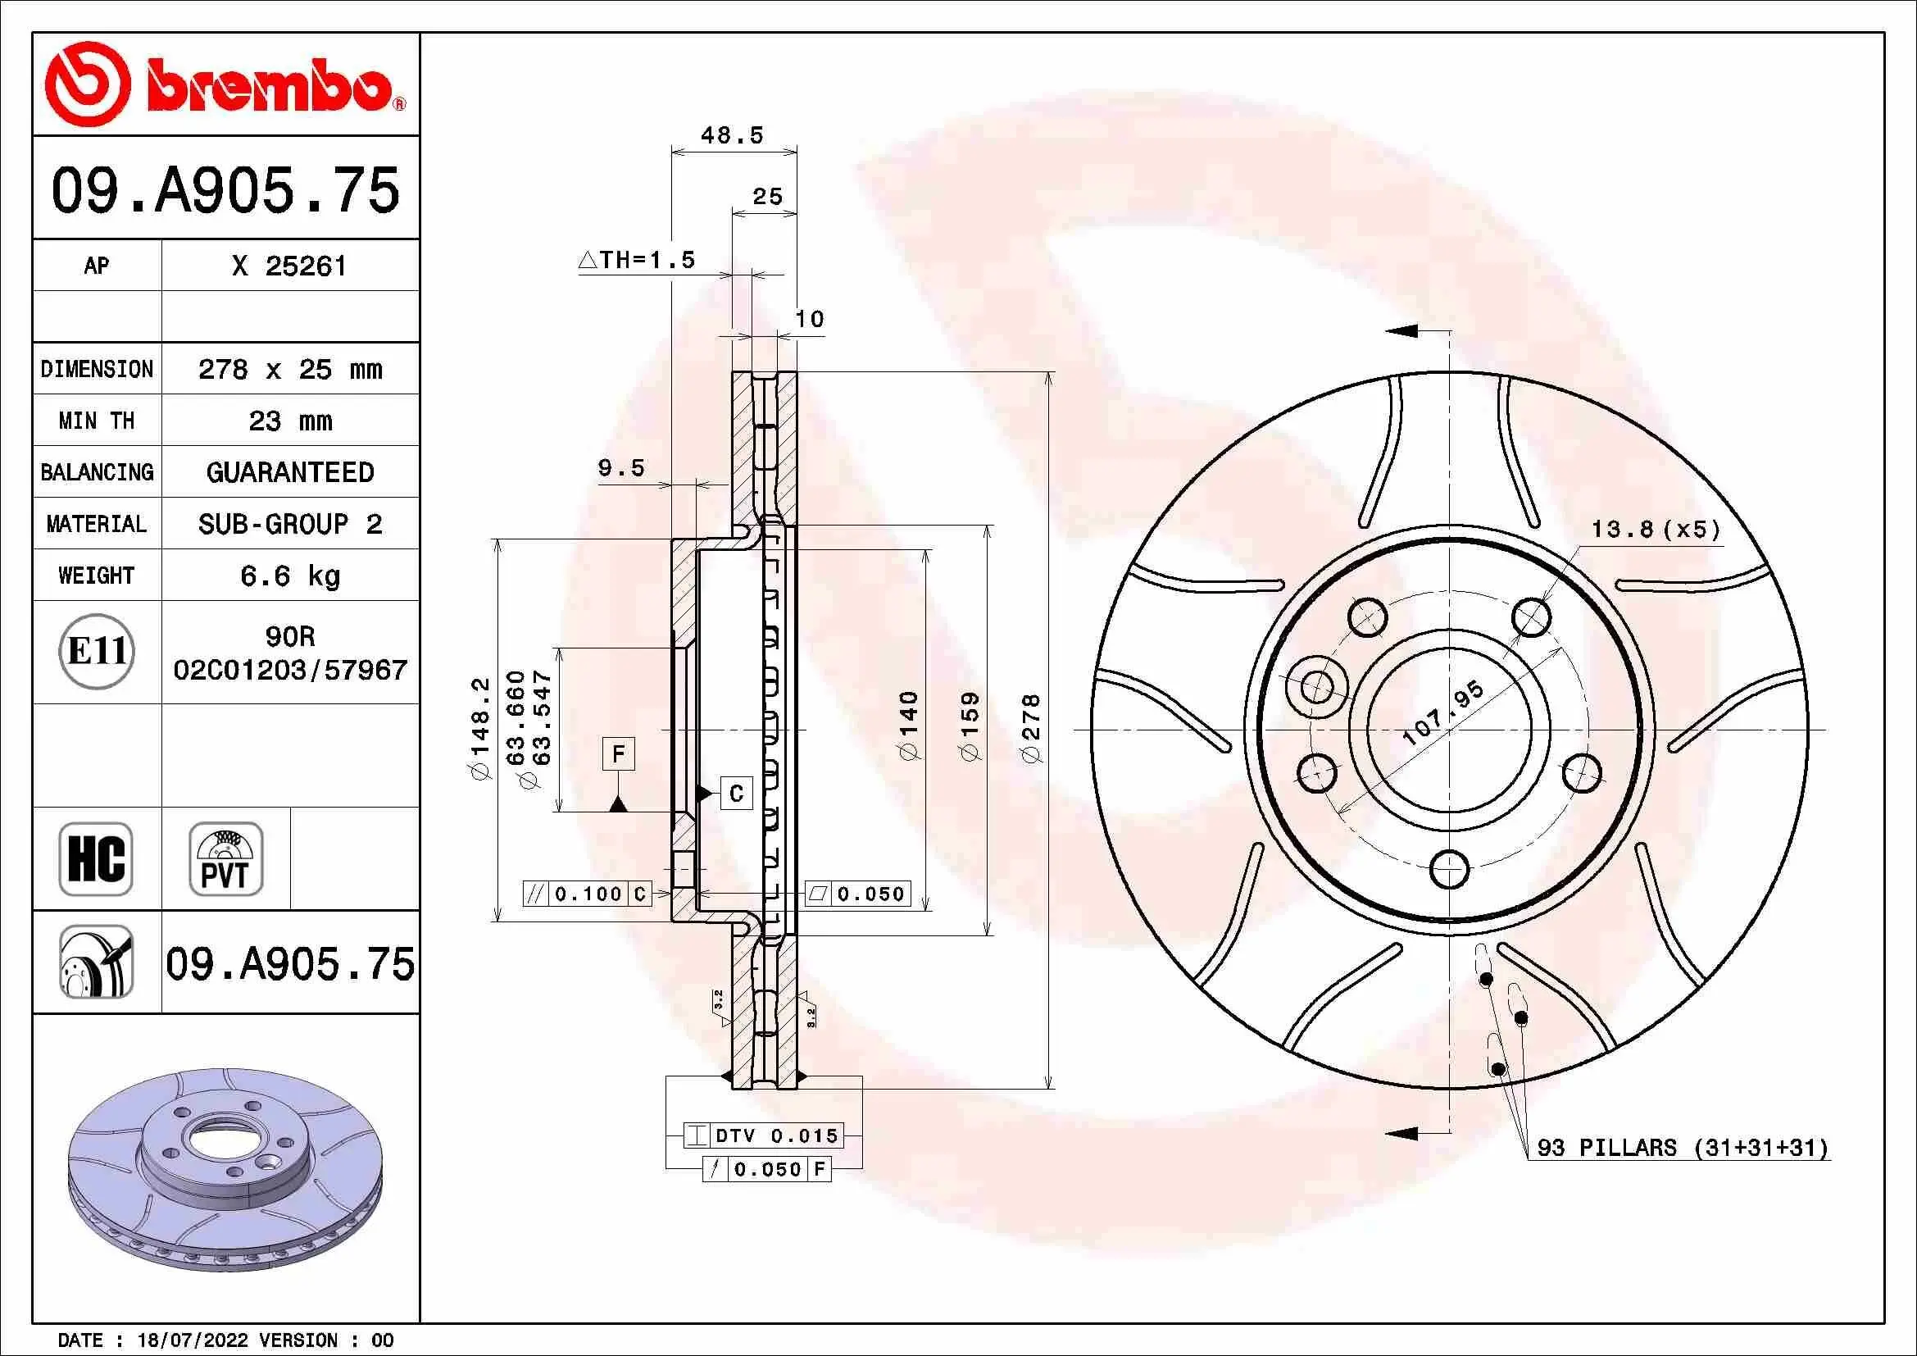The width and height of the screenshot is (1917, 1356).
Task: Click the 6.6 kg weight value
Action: pos(289,576)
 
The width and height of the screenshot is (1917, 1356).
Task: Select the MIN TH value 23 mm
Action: pos(289,421)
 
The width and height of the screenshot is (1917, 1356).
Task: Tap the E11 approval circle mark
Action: pos(97,651)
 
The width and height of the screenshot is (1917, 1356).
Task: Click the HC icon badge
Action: pos(96,858)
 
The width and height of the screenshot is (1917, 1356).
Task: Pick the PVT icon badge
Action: pos(225,858)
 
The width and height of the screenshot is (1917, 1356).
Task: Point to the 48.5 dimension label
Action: pos(731,135)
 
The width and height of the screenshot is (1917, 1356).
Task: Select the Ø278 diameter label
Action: pos(1032,727)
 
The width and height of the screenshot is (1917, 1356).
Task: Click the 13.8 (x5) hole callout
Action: pos(1656,530)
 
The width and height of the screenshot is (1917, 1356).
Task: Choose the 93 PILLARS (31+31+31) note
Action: pos(1682,1147)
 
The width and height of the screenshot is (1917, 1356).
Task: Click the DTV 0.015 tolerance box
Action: pos(763,1135)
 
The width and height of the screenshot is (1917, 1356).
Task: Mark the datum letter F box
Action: pos(618,754)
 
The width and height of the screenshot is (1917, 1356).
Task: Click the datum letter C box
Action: pos(735,794)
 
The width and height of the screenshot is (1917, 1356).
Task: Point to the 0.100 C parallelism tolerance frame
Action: pos(587,894)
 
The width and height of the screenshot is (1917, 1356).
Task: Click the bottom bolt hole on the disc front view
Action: pos(1450,869)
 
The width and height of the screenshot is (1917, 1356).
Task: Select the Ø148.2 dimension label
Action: pos(481,727)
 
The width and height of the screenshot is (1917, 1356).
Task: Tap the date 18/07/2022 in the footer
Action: pos(192,1340)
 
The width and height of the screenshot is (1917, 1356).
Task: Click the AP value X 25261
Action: pos(289,266)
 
